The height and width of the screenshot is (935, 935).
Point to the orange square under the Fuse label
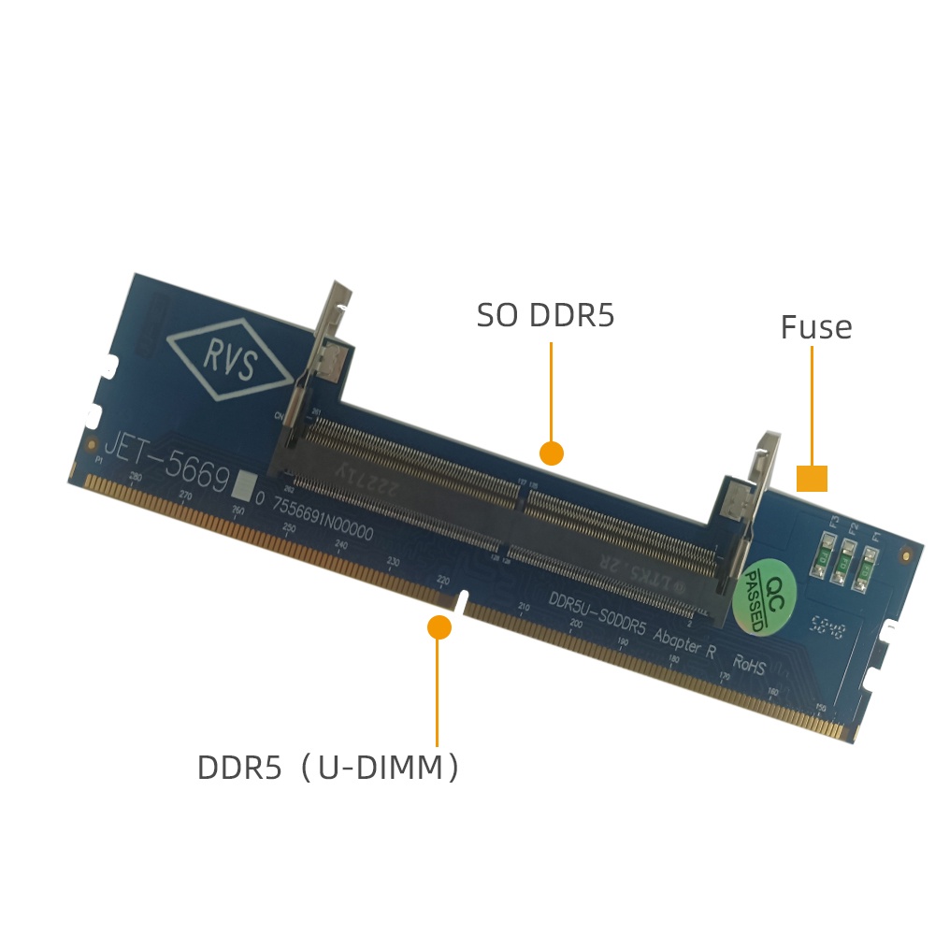click(812, 478)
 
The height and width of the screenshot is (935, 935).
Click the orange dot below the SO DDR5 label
click(552, 453)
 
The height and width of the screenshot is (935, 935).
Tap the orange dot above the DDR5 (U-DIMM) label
click(439, 627)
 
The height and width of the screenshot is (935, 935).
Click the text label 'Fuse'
click(816, 328)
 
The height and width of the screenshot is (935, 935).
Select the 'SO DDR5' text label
click(545, 316)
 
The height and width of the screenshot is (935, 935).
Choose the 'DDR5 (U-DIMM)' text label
click(328, 768)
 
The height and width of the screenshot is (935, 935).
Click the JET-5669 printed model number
click(165, 463)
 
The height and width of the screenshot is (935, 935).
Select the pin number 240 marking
click(340, 545)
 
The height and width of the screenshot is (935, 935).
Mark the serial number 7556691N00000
click(323, 520)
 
